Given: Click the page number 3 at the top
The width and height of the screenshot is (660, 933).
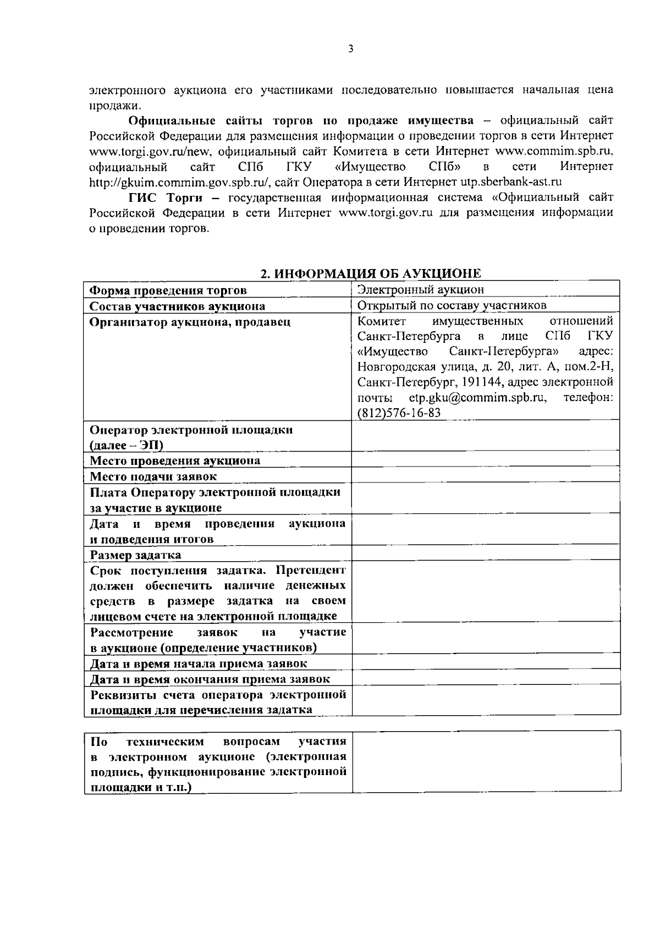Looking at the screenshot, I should point(351,49).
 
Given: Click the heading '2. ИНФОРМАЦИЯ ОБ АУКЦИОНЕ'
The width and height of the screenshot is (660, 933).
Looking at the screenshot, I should point(370,273).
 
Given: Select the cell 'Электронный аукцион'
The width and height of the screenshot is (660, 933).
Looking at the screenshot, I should point(421,290).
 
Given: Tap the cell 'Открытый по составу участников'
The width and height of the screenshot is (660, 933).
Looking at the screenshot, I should point(452,305).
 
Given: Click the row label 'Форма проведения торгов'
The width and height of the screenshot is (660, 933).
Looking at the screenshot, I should point(168,290).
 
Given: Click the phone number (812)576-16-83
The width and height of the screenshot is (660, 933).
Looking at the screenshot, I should point(399,413).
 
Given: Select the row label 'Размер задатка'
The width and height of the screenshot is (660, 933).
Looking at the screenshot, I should point(135,555).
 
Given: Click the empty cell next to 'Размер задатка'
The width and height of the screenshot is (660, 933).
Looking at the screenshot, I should point(486,554).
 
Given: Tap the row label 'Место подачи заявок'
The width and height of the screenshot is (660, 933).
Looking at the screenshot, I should point(153,476).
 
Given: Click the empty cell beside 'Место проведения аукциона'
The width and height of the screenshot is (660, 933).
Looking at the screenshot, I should point(486,460).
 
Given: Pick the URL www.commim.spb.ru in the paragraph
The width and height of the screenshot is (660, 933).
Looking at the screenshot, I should point(554,151).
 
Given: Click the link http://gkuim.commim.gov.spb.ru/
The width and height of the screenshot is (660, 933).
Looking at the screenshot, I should point(179,182).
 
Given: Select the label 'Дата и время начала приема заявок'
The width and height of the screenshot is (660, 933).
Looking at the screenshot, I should point(199,663).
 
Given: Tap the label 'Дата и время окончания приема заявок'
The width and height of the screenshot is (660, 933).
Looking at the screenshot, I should point(210,679).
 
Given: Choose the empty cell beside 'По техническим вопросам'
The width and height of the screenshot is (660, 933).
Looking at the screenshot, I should point(486,762).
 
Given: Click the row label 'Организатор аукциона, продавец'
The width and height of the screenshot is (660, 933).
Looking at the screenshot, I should point(190,322).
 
